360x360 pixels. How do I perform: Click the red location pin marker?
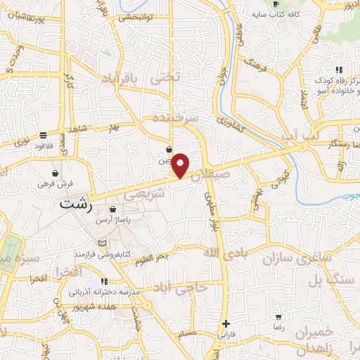click(181, 165)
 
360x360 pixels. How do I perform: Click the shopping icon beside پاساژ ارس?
click(112, 209)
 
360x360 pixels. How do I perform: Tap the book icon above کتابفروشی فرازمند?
click(103, 243)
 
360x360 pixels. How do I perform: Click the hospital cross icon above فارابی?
click(225, 324)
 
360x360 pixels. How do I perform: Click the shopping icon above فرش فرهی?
click(55, 173)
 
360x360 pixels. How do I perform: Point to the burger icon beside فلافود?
click(43, 135)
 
